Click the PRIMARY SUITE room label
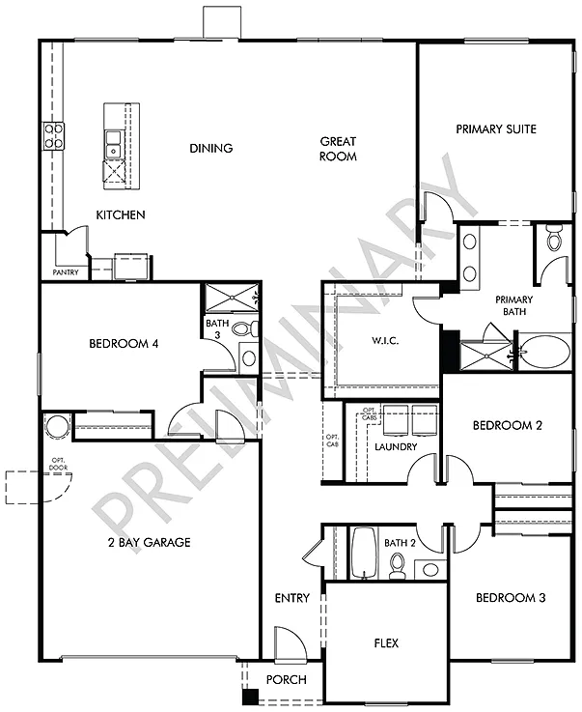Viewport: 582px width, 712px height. (496, 129)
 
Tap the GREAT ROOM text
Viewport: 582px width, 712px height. (339, 149)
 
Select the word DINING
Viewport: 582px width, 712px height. (210, 149)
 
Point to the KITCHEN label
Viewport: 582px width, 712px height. (120, 214)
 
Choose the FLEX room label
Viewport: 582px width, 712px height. (386, 643)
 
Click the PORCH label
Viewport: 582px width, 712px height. (287, 680)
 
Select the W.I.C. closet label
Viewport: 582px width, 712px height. (384, 342)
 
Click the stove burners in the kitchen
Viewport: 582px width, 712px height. (51, 136)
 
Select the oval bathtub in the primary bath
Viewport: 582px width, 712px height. (545, 352)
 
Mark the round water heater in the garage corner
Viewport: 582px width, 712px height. (56, 426)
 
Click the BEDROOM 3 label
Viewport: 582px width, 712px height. (511, 598)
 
